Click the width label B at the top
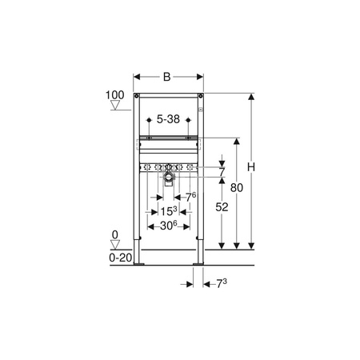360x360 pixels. [166, 77]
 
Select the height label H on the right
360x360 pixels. [251, 167]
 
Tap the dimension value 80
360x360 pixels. [237, 188]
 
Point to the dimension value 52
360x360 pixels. [222, 207]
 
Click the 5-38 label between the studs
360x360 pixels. [168, 119]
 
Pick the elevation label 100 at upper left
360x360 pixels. [115, 95]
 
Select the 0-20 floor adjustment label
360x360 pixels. [121, 258]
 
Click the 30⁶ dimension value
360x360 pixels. [169, 226]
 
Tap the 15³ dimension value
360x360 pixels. [169, 211]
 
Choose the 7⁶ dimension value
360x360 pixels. [191, 197]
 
